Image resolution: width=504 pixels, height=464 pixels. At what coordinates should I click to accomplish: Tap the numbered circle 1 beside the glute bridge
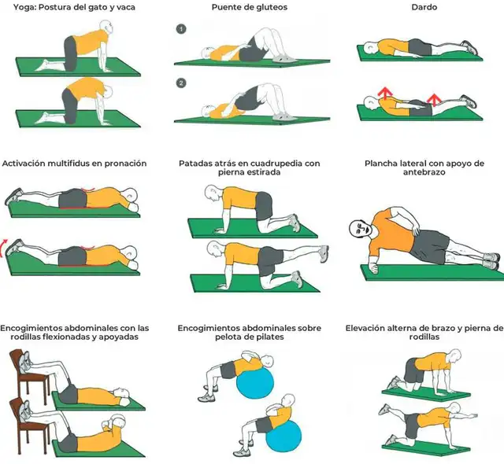click(x=180, y=29)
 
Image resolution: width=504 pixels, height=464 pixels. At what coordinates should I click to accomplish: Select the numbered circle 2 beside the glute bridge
click(x=180, y=82)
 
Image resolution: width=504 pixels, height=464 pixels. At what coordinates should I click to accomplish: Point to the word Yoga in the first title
click(x=26, y=8)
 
